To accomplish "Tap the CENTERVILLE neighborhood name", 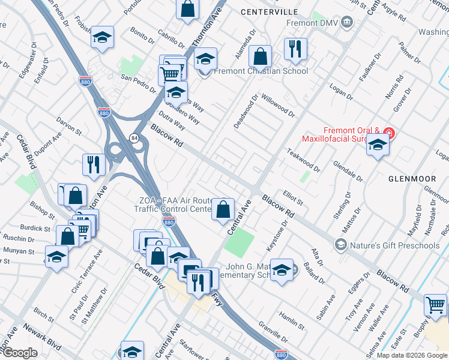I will pos(269,11).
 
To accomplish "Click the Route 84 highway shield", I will pos(133,139).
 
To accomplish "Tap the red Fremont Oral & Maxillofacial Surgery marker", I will pos(388,133).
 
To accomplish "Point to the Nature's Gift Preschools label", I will pos(394,245).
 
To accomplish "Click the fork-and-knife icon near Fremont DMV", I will pos(295,50).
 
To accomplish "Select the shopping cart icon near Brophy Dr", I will pos(436,305).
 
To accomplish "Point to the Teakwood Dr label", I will pos(304,161).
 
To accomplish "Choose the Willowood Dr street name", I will pos(278,104).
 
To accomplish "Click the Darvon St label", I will pos(68,127).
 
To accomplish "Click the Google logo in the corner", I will pos(19,353).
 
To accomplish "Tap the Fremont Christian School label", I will pos(261,71).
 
